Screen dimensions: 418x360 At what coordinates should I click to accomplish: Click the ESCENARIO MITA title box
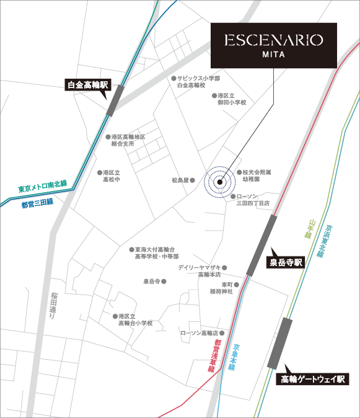click(x=273, y=45)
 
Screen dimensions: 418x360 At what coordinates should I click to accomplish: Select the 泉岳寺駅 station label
click(x=286, y=262)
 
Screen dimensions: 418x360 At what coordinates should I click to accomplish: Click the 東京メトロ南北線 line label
click(x=43, y=185)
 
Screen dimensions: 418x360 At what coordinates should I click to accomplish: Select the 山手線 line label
click(x=307, y=230)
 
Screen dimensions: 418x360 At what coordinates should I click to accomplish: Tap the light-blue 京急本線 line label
click(x=232, y=358)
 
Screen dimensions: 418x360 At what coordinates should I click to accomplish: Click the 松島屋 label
click(x=180, y=180)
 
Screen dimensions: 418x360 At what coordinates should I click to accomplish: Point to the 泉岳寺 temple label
click(x=152, y=281)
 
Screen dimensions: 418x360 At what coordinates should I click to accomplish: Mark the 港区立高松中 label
click(x=111, y=176)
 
